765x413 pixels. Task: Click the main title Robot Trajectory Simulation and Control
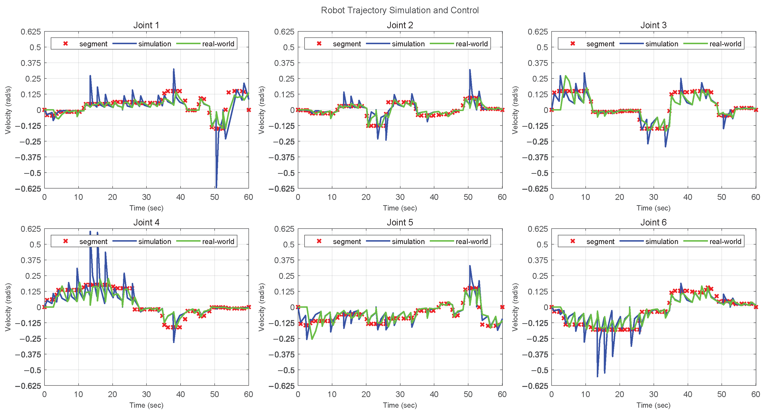pyautogui.click(x=400, y=10)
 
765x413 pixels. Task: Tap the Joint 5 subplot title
pyautogui.click(x=400, y=222)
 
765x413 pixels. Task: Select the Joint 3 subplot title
pyautogui.click(x=653, y=25)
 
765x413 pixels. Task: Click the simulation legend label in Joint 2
pyautogui.click(x=408, y=44)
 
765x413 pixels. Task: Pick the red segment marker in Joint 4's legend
pyautogui.click(x=66, y=241)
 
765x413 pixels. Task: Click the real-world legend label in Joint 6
pyautogui.click(x=725, y=241)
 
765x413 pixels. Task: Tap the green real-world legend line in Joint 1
pyautogui.click(x=188, y=44)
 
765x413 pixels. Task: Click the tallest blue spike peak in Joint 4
pyautogui.click(x=90, y=231)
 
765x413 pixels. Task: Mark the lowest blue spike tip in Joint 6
pyautogui.click(x=597, y=376)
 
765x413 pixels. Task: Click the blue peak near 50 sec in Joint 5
pyautogui.click(x=469, y=266)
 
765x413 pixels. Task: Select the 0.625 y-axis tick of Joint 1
pyautogui.click(x=31, y=31)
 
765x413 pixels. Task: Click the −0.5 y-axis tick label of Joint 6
pyautogui.click(x=539, y=370)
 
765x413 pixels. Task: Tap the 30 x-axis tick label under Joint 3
pyautogui.click(x=653, y=197)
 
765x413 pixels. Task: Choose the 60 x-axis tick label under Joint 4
pyautogui.click(x=248, y=394)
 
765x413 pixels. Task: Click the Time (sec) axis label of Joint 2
pyautogui.click(x=400, y=208)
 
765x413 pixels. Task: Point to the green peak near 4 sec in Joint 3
pyautogui.click(x=565, y=76)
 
